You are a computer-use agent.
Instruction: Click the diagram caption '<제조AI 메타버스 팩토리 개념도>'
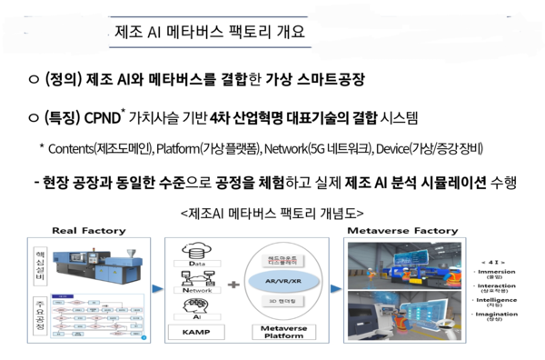click(x=272, y=213)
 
